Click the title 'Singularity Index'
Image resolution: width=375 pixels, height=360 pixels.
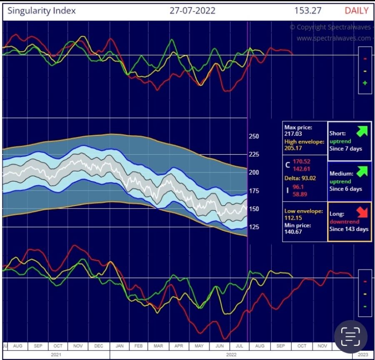42,10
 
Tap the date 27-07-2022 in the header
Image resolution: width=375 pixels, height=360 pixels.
192,10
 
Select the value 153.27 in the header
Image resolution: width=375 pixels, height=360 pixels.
307,10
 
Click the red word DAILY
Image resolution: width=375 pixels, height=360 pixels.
356,10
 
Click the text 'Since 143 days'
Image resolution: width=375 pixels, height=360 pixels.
349,229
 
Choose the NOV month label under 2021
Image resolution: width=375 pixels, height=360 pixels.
78,346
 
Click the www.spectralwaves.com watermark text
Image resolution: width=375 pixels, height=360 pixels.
333,38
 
